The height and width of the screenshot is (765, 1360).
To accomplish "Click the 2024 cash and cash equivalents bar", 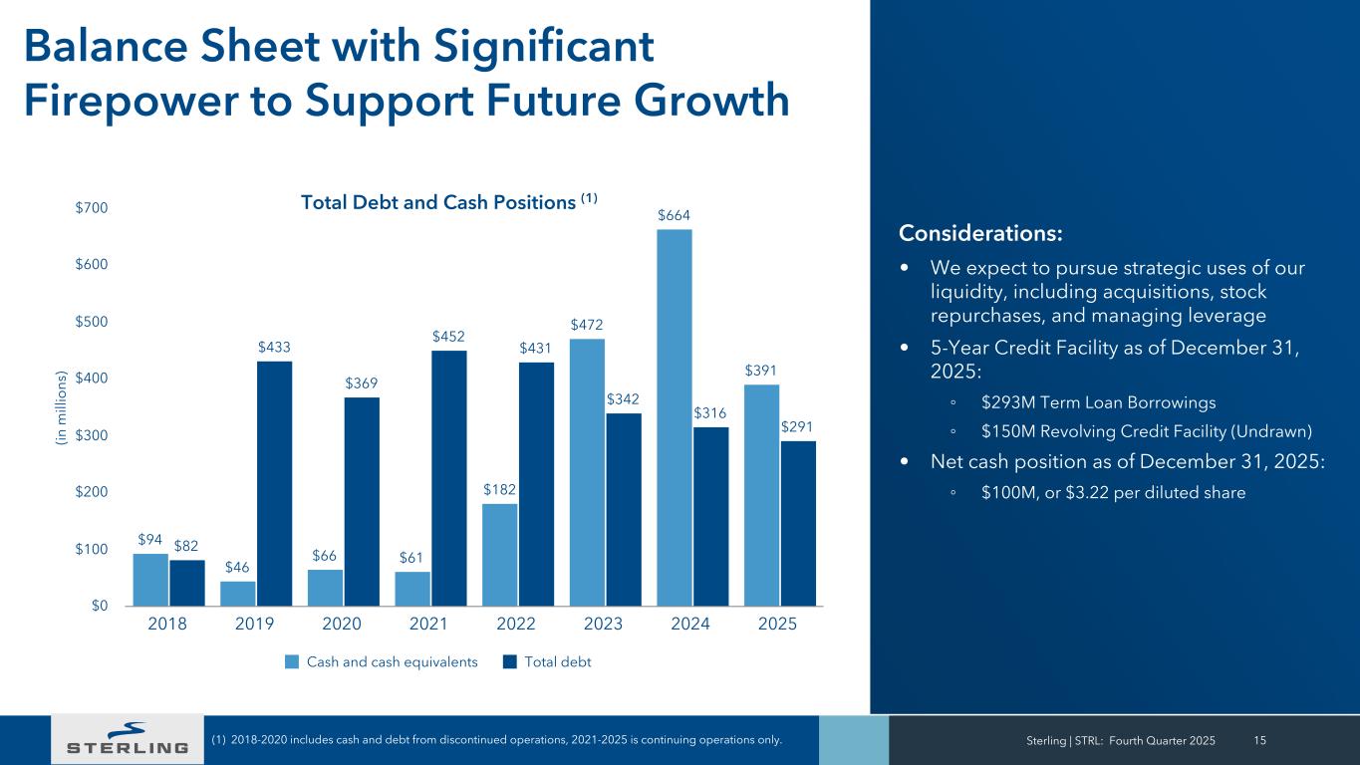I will click(674, 417).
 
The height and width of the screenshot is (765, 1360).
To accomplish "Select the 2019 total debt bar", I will click(274, 483).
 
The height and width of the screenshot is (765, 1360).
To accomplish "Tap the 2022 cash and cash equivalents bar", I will click(499, 555).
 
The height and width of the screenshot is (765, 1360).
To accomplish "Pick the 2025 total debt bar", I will click(798, 523).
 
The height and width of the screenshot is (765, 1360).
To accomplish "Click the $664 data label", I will click(674, 215).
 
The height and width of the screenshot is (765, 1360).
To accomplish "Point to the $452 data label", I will click(448, 336).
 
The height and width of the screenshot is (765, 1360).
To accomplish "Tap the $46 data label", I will click(237, 567).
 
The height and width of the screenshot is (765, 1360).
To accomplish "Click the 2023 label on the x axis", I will click(603, 625).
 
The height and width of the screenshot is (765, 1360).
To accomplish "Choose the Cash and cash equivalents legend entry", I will click(382, 661).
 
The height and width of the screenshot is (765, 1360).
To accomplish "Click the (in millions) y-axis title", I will click(62, 406).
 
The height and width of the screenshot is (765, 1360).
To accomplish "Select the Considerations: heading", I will click(980, 233).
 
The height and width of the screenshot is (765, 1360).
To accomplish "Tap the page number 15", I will click(1260, 740).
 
